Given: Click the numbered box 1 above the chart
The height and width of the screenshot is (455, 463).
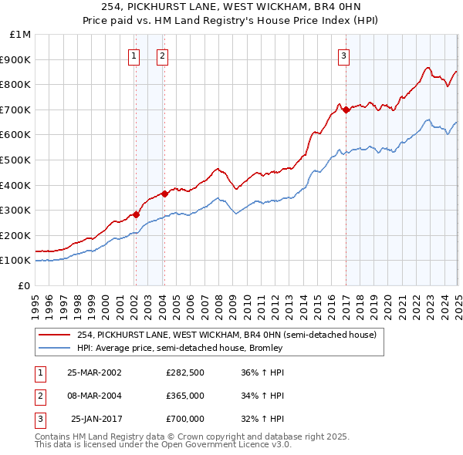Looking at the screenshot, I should [135, 55].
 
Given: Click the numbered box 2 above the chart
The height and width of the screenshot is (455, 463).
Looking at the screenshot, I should [163, 55].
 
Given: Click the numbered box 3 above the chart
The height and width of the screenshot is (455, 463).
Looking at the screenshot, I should [343, 55].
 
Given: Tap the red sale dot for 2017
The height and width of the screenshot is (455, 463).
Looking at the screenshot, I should [346, 110].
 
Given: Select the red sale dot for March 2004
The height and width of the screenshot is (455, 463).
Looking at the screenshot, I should [164, 194].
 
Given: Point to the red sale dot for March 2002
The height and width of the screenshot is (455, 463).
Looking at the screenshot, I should [136, 214].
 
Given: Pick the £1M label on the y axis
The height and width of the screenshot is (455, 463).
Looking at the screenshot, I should [21, 35].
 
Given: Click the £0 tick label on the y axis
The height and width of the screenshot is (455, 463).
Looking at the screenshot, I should [25, 285].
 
